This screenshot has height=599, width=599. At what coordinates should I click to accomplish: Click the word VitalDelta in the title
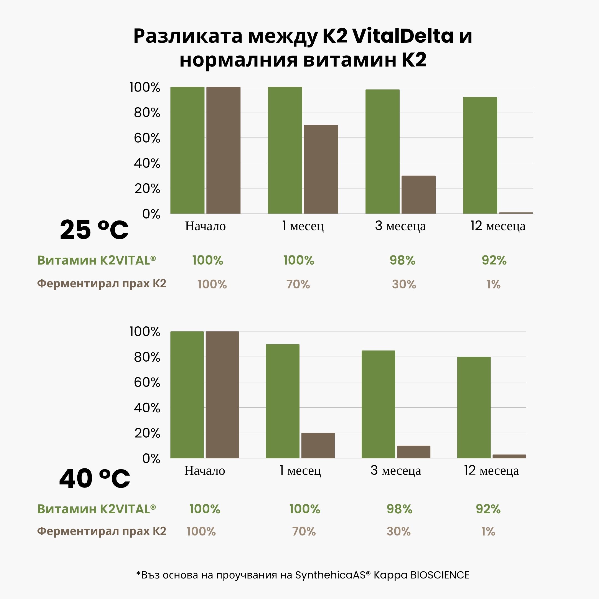403,36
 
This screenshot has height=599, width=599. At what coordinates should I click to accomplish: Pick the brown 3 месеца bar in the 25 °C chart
418,194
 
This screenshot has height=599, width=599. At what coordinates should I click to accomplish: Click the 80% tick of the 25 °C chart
147,113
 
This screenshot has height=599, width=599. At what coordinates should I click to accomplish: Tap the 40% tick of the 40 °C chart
147,408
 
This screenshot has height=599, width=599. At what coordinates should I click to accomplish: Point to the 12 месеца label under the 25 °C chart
498,226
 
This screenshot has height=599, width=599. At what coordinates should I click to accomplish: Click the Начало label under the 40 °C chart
205,471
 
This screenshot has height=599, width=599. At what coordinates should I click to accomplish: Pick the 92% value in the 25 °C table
494,260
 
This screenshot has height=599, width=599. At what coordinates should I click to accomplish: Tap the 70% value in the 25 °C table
298,284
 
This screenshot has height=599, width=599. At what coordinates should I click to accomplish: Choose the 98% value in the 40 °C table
399,509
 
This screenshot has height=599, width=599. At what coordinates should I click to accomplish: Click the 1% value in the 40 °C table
488,531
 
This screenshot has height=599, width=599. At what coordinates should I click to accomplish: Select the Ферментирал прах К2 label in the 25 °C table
102,283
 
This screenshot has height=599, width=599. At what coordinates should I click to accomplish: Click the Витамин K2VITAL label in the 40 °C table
97,509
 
